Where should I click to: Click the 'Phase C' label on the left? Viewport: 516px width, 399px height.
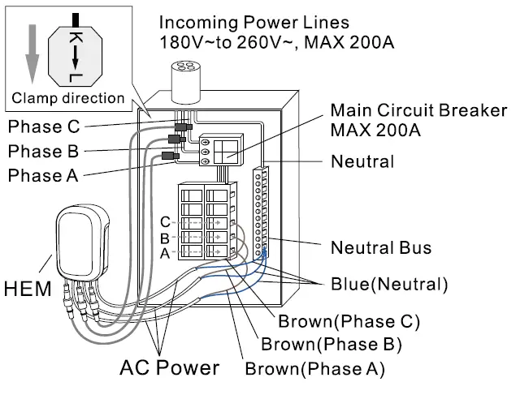pyautogui.click(x=46, y=127)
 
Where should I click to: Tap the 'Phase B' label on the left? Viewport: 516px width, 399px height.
pyautogui.click(x=46, y=152)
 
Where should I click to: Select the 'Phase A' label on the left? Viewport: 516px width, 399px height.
pyautogui.click(x=46, y=175)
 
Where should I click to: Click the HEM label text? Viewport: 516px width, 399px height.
pyautogui.click(x=26, y=288)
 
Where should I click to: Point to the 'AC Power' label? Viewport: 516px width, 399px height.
pyautogui.click(x=169, y=367)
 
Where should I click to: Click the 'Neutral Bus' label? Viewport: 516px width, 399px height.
pyautogui.click(x=380, y=247)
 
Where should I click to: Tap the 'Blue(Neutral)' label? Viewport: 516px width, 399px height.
pyautogui.click(x=389, y=285)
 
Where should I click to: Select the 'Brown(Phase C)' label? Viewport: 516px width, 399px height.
pyautogui.click(x=349, y=320)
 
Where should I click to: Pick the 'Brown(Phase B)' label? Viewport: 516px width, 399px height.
pyautogui.click(x=331, y=345)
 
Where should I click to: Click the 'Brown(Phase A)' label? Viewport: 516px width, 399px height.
pyautogui.click(x=314, y=370)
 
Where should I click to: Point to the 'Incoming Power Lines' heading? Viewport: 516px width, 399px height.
pyautogui.click(x=254, y=22)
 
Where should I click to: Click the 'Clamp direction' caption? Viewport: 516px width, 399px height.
pyautogui.click(x=68, y=99)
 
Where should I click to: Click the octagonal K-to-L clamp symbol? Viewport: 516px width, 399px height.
pyautogui.click(x=75, y=51)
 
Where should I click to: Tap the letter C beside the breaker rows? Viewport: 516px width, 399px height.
pyautogui.click(x=165, y=222)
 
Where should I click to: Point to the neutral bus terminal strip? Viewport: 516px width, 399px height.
pyautogui.click(x=262, y=212)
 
